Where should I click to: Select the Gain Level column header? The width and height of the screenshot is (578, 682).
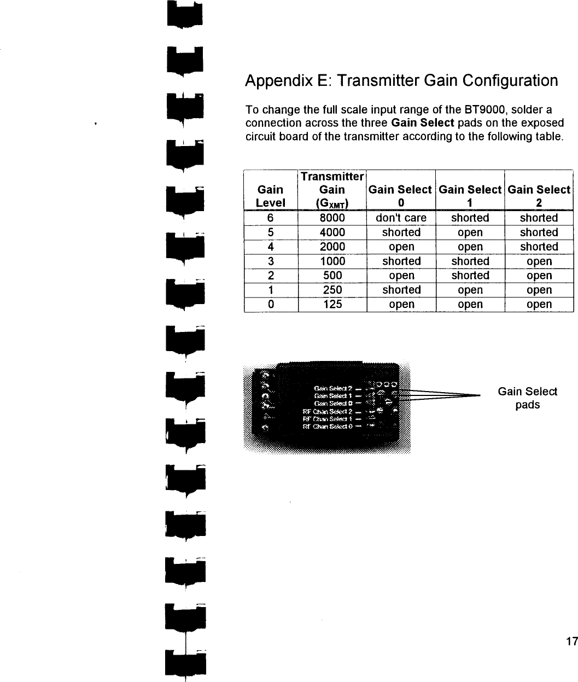(270, 196)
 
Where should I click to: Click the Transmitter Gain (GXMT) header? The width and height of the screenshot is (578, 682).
(332, 190)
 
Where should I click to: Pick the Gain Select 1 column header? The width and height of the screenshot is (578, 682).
(470, 196)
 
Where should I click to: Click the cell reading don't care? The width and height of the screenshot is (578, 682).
(401, 218)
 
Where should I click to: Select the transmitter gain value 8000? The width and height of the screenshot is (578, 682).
(332, 218)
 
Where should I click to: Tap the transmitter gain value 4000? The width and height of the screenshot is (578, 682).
(332, 232)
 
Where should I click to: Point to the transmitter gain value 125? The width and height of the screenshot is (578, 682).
(332, 304)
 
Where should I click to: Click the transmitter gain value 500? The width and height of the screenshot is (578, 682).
(332, 276)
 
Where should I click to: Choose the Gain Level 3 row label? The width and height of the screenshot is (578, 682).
(270, 261)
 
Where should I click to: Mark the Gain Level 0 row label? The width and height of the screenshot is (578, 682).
(270, 304)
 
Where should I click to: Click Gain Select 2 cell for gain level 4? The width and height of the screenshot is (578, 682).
(539, 247)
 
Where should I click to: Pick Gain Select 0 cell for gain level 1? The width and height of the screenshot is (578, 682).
(401, 290)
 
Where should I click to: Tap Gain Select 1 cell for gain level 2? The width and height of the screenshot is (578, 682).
(470, 276)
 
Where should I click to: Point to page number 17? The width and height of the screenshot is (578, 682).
(571, 642)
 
